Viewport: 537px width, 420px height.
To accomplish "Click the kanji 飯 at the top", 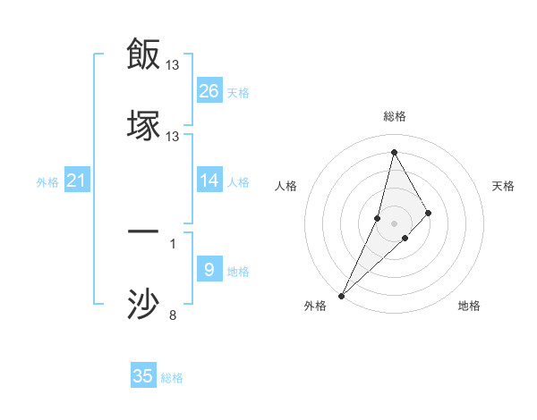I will coord(143,54).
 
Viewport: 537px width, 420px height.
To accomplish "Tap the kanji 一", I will coord(143,231).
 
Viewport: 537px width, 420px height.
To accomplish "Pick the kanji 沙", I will coord(143,304).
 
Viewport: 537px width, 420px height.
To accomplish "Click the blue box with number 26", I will coord(209,91).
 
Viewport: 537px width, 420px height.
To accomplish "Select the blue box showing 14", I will coord(209,181).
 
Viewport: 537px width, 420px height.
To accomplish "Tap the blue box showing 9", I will coord(209,270).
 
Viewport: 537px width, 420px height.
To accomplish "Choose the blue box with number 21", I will coord(76,181).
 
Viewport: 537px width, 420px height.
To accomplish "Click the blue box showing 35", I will coord(143,376).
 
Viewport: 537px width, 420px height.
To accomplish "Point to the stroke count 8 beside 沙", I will coord(173,315).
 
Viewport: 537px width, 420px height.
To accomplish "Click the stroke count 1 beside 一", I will coord(173,243).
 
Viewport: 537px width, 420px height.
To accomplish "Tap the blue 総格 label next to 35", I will coord(172,378).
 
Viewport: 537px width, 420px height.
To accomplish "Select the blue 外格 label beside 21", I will coord(47,182).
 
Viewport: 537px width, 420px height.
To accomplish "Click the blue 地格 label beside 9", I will coord(238,272).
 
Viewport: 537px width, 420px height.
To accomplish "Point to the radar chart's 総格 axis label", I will coord(395,116).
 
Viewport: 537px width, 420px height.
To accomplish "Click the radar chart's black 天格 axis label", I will coord(504,186).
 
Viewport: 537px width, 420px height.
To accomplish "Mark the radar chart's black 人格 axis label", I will coord(286,186).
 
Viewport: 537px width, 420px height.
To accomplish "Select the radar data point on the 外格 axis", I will coord(342,295).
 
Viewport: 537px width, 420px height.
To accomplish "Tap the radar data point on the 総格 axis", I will coord(394,151).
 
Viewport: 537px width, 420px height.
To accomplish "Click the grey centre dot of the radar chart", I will coord(395,223).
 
